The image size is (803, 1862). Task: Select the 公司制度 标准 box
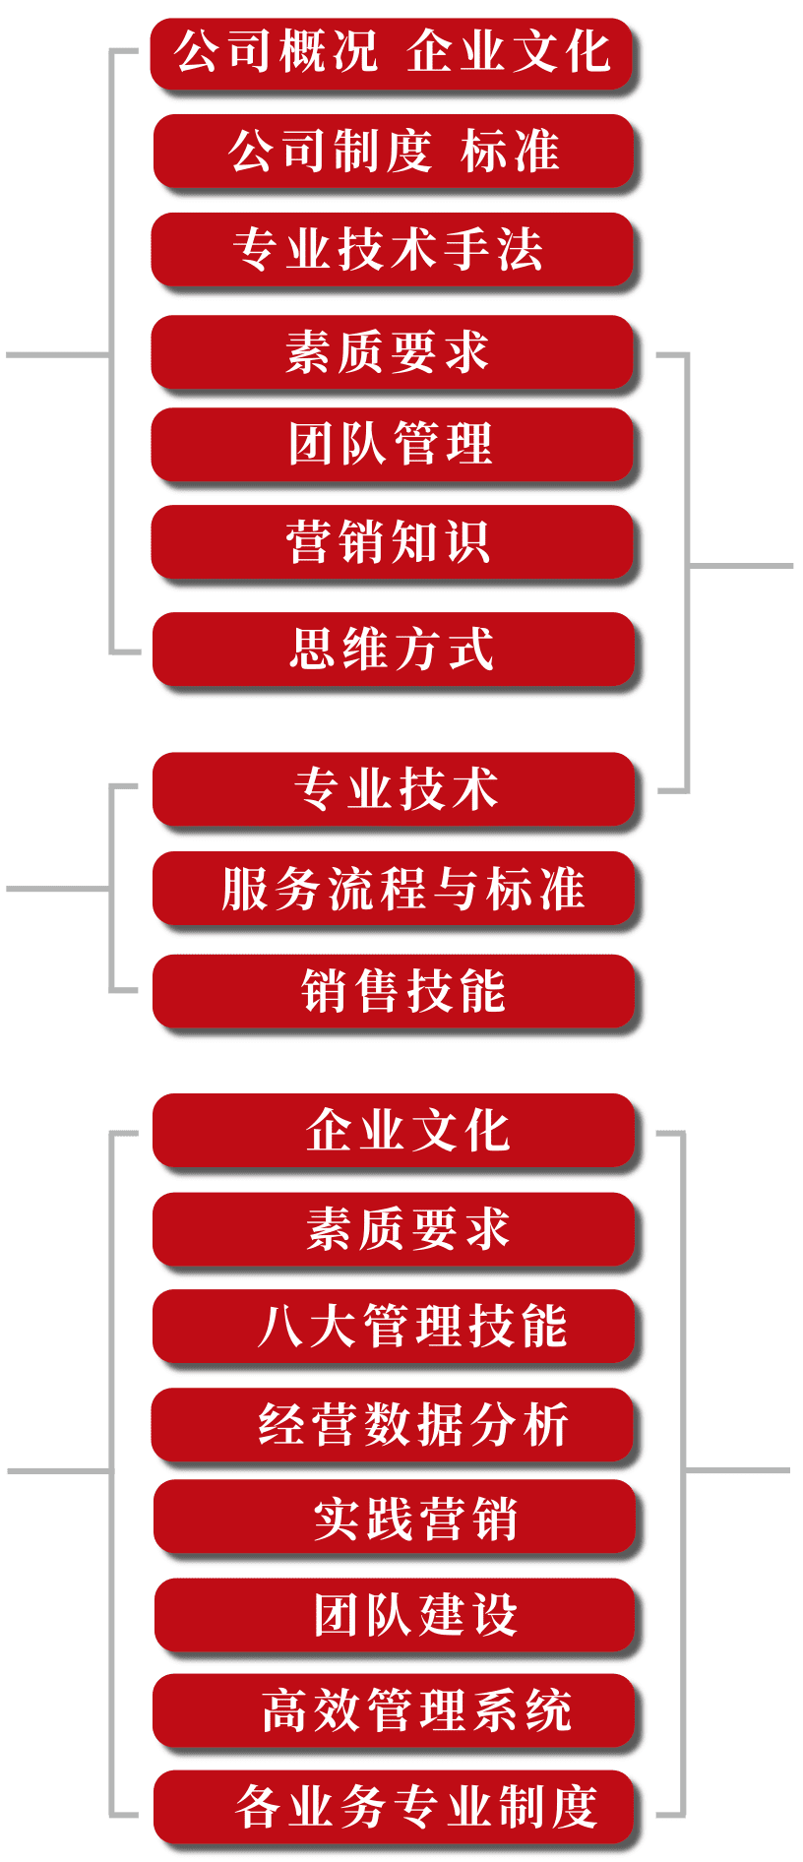coord(394,152)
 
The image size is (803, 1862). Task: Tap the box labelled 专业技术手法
coord(392,249)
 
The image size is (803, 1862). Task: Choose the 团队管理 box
coord(392,444)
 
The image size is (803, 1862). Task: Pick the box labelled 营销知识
coord(392,541)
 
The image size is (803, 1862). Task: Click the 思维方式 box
coord(394,649)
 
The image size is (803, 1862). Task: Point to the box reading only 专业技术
coord(394,789)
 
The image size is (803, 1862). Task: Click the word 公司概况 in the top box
coord(276,53)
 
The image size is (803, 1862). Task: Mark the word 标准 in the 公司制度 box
coord(510,152)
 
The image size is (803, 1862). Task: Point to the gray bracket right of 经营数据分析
coord(683,1470)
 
